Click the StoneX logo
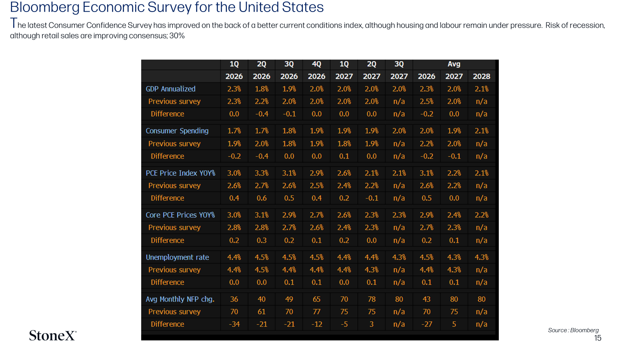[x=52, y=336]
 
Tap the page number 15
[x=598, y=338]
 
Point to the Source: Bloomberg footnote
[x=573, y=330]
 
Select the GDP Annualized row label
[x=170, y=89]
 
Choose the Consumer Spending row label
[x=177, y=131]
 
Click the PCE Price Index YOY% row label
[x=180, y=173]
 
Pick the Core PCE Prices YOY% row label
[x=180, y=215]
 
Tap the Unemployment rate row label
[x=178, y=257]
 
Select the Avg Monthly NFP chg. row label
[x=180, y=299]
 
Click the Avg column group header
[x=454, y=64]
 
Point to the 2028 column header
[x=482, y=76]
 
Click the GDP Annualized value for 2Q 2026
[x=262, y=89]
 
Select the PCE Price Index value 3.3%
[x=262, y=173]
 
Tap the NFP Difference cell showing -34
[x=234, y=324]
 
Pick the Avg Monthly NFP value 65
[x=316, y=299]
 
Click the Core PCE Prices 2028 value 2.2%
[x=482, y=215]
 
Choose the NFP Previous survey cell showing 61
[x=262, y=312]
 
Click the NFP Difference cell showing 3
[x=372, y=324]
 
